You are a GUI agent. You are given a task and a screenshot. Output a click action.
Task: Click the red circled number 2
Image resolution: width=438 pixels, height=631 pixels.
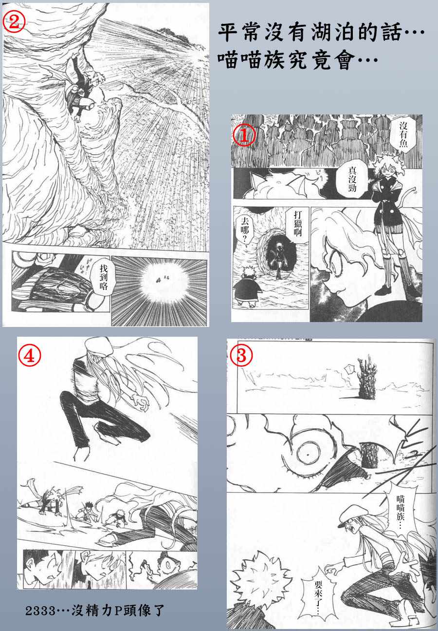14,22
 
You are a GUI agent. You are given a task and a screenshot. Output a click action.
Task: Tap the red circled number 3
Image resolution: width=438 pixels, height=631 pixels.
241,355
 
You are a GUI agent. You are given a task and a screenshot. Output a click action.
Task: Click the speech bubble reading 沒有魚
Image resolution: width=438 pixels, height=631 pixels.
403,134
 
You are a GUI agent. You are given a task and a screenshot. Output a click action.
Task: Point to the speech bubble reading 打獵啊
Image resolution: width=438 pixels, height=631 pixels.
298,224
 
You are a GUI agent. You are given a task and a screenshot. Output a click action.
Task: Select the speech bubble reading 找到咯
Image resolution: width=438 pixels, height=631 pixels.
103,277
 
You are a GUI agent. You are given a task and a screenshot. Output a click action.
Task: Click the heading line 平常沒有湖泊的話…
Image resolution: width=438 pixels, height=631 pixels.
321,32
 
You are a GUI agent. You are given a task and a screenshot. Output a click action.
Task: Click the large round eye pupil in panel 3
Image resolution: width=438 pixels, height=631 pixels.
308,455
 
